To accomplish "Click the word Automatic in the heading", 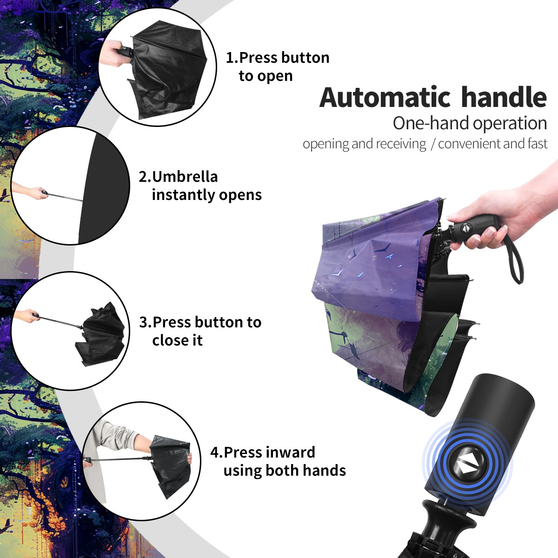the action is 385,98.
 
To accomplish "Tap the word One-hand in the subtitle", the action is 431,123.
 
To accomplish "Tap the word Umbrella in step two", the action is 185,177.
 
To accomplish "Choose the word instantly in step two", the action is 184,195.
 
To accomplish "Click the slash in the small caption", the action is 432,144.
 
